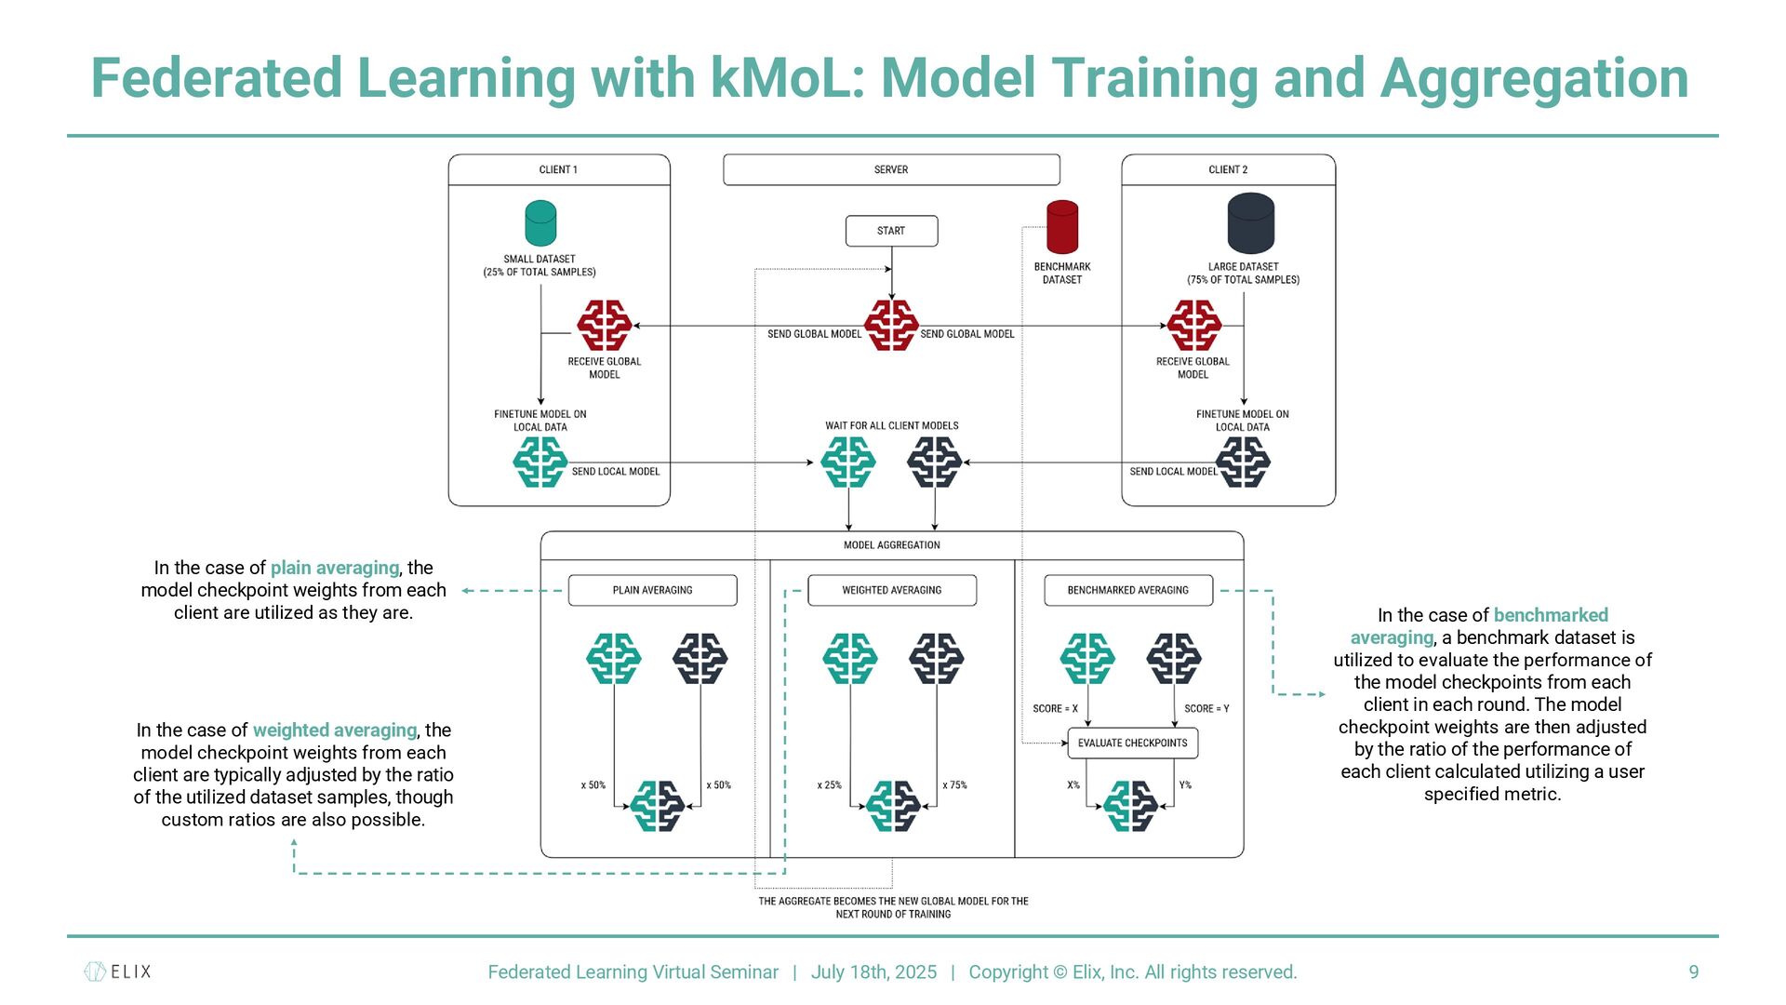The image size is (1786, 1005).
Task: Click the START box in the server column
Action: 891,231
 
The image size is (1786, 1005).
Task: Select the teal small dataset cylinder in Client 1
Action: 540,223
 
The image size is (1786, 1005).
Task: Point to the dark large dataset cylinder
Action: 1250,223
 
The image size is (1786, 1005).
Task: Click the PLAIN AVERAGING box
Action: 652,590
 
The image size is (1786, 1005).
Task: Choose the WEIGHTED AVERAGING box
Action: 891,590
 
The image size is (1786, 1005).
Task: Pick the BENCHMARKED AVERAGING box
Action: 1127,590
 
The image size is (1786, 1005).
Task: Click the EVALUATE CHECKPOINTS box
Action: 1132,743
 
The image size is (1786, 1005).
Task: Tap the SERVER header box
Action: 891,169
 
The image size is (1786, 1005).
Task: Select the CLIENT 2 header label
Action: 1228,169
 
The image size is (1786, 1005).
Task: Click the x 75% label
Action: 954,785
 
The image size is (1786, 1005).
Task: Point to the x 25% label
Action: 829,785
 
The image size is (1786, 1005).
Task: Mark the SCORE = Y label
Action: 1206,709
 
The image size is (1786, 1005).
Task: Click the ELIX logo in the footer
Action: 118,971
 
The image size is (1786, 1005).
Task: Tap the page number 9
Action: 1693,971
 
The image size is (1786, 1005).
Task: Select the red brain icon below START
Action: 891,325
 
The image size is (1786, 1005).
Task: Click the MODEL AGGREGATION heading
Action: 891,545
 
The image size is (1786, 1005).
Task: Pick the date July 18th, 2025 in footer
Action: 873,971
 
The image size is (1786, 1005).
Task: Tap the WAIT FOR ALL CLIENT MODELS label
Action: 891,426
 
